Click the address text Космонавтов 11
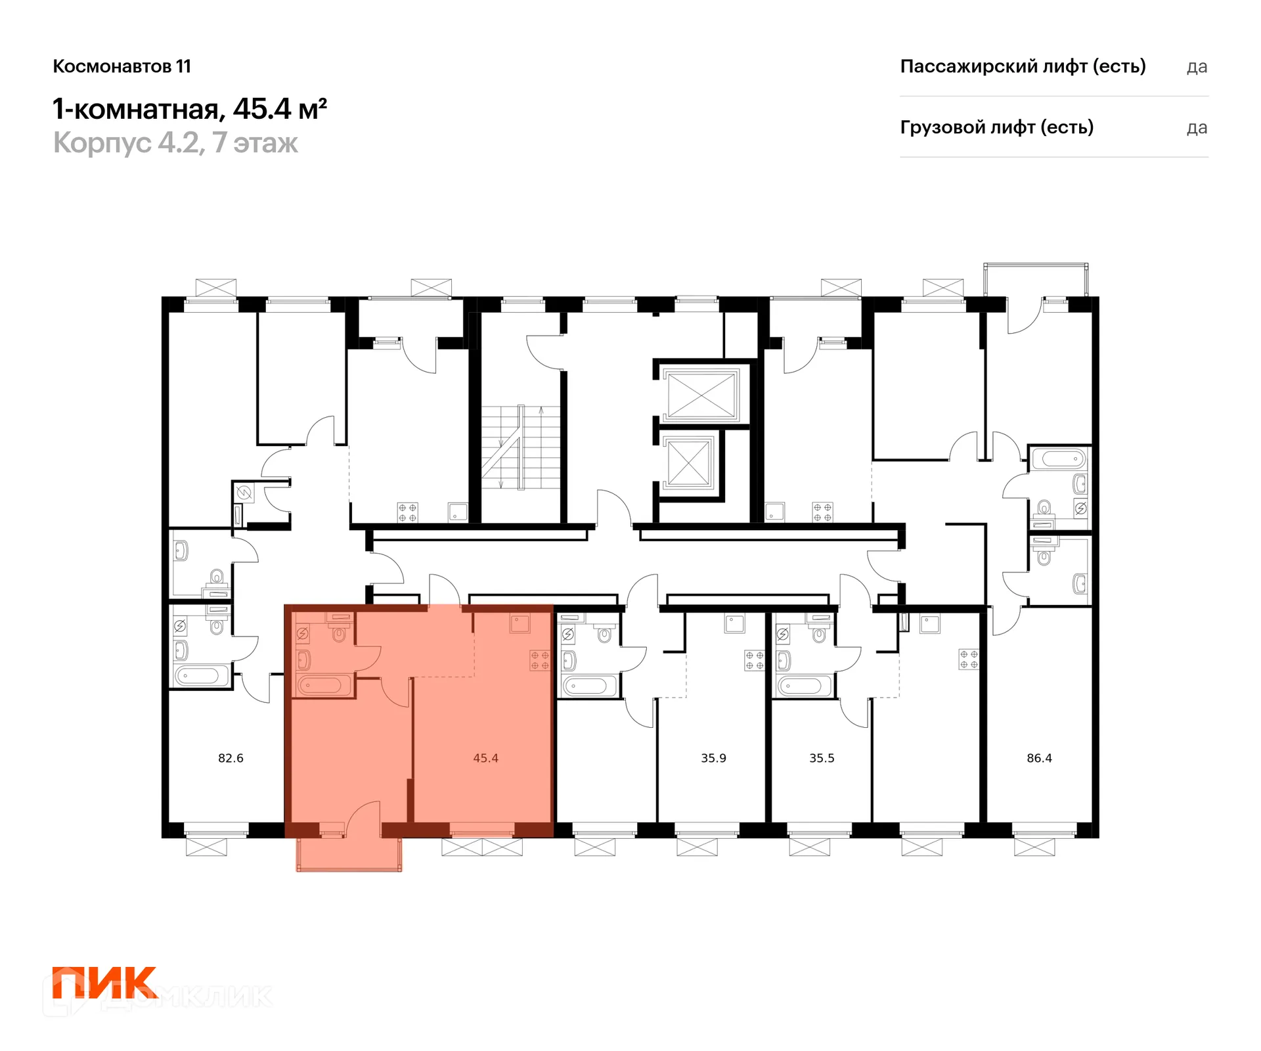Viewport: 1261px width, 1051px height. [x=122, y=66]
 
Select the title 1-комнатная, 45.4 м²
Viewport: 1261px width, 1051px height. [x=190, y=109]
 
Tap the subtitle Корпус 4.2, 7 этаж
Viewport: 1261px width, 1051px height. [x=175, y=143]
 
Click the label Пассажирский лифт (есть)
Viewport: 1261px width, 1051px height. [x=1023, y=66]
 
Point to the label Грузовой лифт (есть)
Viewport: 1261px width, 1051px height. [x=996, y=127]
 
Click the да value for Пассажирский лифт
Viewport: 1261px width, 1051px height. [x=1197, y=68]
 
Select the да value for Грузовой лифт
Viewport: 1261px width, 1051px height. [x=1197, y=129]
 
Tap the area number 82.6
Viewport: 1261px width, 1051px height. [x=231, y=758]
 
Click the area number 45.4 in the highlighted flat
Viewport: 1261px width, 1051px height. [x=485, y=758]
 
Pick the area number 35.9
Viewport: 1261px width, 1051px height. [x=713, y=758]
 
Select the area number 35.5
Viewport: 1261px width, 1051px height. [x=822, y=758]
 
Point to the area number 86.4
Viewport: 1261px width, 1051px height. [x=1039, y=758]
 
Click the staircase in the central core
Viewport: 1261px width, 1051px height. [x=521, y=447]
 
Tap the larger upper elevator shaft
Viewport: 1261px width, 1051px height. [x=701, y=394]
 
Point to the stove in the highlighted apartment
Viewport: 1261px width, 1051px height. [x=540, y=661]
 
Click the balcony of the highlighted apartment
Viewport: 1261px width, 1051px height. [x=349, y=854]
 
